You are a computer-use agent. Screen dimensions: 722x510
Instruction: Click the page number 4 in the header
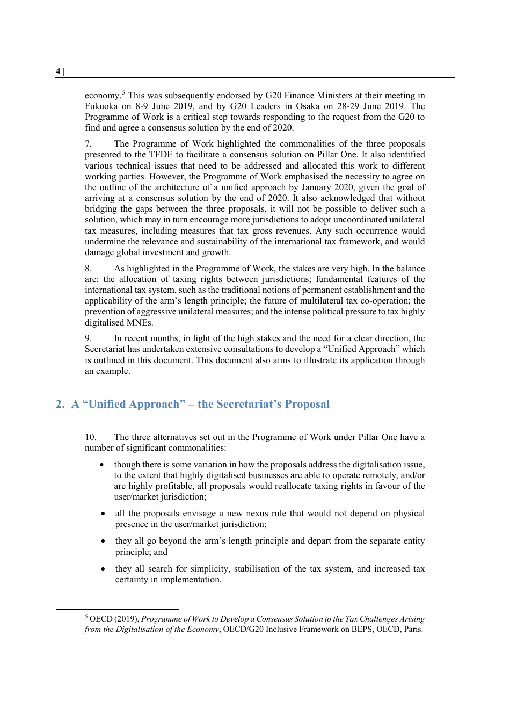point(58,71)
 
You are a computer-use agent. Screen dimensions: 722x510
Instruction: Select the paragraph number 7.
point(89,144)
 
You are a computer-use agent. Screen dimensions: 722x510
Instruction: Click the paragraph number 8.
point(89,269)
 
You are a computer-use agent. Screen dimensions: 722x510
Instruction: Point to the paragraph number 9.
point(89,338)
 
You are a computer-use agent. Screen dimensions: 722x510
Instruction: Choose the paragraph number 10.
point(91,437)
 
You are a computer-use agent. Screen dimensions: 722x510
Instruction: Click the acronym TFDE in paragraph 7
point(161,155)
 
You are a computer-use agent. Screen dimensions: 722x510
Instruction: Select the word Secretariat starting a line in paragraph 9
point(105,349)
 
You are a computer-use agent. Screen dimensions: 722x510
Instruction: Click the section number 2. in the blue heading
point(60,405)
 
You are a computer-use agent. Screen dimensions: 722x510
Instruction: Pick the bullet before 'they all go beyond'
point(103,541)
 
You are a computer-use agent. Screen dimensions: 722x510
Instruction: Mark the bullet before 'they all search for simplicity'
point(103,569)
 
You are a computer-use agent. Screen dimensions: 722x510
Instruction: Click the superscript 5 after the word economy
point(123,92)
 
